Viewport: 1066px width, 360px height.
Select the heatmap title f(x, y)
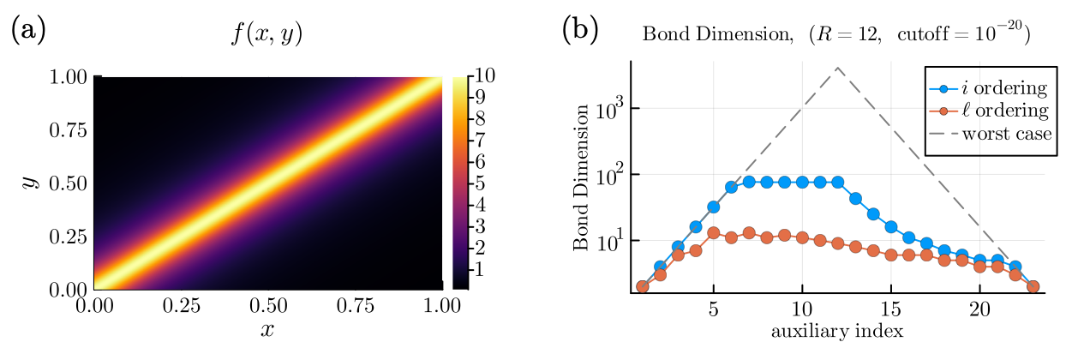268,37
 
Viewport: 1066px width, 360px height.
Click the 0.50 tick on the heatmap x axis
268,306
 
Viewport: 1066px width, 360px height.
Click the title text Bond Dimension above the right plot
698,36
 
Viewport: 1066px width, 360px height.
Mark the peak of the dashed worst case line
837,67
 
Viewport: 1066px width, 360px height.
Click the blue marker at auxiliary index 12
837,182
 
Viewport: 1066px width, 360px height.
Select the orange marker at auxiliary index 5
713,233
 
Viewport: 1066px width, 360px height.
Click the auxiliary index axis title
836,330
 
